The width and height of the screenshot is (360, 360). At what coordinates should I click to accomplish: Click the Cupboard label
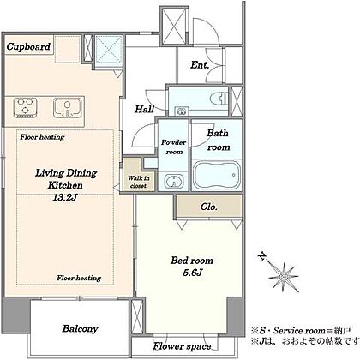[28, 46]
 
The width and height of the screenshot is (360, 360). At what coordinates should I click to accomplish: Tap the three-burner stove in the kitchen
[25, 108]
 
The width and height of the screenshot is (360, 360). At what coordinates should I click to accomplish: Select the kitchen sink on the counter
[67, 108]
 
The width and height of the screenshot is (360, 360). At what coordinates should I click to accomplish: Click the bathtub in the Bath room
[217, 174]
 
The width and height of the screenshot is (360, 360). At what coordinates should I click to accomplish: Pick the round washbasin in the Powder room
[173, 181]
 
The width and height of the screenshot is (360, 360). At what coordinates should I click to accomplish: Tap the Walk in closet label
[139, 182]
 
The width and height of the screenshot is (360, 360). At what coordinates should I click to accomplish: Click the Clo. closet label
[209, 207]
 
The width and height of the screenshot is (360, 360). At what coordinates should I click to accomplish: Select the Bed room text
[192, 261]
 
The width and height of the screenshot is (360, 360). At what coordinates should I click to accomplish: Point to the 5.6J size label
[193, 273]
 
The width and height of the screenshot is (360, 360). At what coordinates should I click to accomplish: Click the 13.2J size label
[65, 197]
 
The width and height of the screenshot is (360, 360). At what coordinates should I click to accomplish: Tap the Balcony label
[80, 328]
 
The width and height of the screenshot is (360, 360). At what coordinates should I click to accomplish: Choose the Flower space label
[182, 346]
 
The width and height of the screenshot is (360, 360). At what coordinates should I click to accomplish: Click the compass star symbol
[284, 277]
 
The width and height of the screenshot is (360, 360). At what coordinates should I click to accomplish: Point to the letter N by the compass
[261, 255]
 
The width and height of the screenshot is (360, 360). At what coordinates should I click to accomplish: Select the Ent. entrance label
[200, 65]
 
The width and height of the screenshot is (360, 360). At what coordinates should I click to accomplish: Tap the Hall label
[144, 109]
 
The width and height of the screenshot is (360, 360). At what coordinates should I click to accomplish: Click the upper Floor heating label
[42, 137]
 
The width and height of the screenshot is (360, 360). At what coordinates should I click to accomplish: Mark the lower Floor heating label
[79, 278]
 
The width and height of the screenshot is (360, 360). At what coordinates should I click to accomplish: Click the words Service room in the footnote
[299, 331]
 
